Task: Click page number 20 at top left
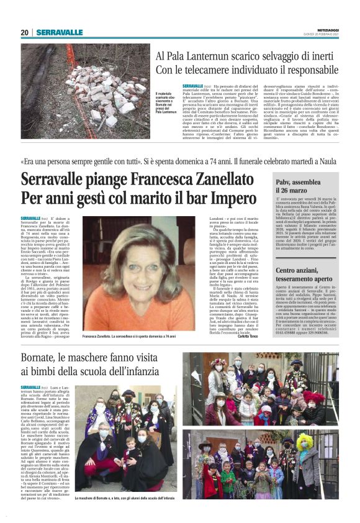(x=24, y=32)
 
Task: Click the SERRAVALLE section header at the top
(x=59, y=32)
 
